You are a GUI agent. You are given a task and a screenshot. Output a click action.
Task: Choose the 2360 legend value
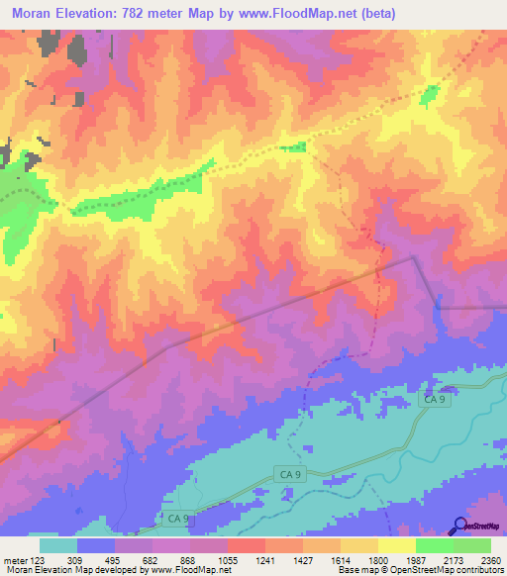click(492, 559)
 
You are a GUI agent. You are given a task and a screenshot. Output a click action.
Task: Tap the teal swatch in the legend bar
click(58, 545)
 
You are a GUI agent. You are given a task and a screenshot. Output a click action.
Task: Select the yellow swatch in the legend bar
click(397, 545)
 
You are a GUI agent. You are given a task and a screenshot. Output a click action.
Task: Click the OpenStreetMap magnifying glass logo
click(459, 526)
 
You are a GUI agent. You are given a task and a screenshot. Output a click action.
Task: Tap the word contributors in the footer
click(478, 570)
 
